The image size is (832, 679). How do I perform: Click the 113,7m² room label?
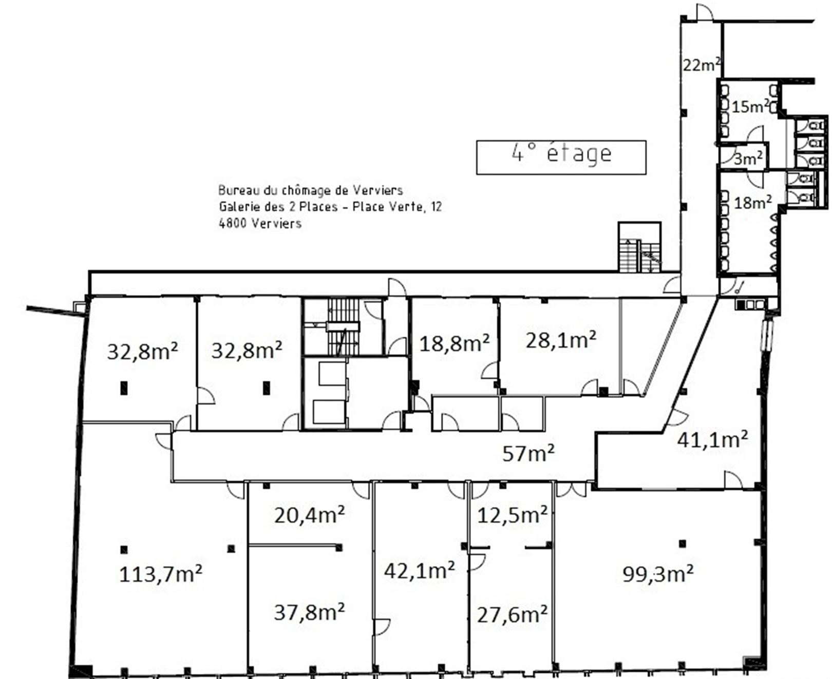pos(160,574)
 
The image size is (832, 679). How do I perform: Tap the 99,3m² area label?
pos(658,573)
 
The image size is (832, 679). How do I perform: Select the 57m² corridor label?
pos(528,453)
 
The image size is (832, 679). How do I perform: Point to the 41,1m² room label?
pos(712,439)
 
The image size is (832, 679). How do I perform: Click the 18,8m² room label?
pos(455,343)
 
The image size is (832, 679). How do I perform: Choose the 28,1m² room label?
pos(561,340)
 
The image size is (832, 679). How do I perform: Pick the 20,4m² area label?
pos(309,514)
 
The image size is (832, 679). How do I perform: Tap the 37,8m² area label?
pos(309,612)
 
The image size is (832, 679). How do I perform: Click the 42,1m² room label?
pos(419,570)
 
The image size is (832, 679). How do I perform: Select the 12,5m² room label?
pos(512,515)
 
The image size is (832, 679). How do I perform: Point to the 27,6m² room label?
pos(512,614)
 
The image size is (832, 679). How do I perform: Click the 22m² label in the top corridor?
pos(702,65)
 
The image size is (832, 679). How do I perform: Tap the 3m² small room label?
pos(748,159)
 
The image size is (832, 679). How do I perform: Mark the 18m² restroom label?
pos(753,202)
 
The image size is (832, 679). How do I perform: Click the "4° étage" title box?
pos(561,157)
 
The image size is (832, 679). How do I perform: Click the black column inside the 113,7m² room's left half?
pos(124,550)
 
